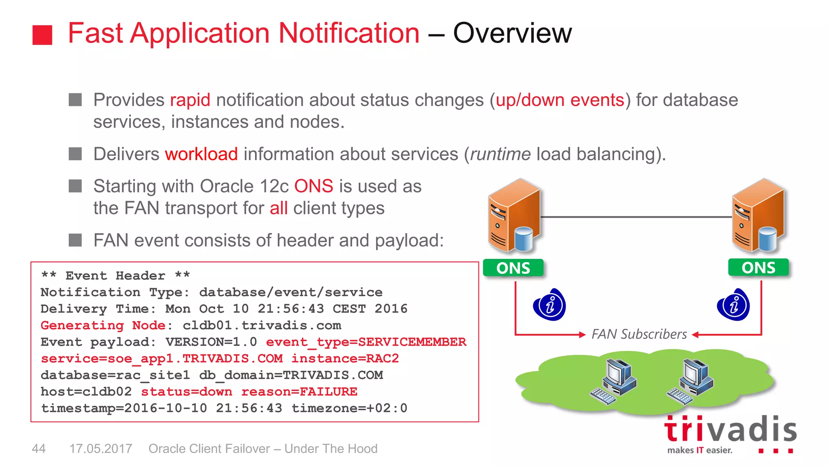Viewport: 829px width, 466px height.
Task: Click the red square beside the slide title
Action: point(42,35)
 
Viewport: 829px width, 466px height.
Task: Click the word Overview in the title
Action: point(512,33)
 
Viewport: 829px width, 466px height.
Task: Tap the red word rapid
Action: point(190,100)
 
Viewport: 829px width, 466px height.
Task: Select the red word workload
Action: point(201,154)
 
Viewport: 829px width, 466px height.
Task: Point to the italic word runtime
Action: point(500,154)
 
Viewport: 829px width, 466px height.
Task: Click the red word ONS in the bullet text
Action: point(313,186)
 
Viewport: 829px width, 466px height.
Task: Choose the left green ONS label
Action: point(513,268)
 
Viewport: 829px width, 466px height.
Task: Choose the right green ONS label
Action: point(758,267)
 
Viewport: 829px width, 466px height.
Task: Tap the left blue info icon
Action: point(549,305)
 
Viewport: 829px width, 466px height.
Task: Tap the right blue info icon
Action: point(733,305)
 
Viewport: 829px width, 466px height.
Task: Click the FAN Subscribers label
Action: point(639,334)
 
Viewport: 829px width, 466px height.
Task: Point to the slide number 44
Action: point(38,449)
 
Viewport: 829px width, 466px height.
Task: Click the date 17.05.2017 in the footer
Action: point(100,449)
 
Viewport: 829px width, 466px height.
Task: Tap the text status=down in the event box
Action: point(186,392)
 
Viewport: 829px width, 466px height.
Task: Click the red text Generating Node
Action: point(103,325)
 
